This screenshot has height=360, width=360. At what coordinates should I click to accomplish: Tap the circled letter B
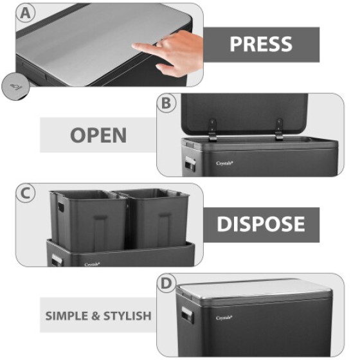click(x=168, y=104)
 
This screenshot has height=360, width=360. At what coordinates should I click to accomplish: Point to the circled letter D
click(x=168, y=283)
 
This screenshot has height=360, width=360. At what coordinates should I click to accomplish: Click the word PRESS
click(x=261, y=44)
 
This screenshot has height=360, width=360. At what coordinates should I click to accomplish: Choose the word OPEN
click(x=98, y=136)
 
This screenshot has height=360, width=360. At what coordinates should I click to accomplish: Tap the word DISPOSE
click(x=261, y=224)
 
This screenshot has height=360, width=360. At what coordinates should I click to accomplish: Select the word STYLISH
click(x=127, y=316)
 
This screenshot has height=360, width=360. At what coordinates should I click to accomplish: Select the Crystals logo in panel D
click(x=224, y=317)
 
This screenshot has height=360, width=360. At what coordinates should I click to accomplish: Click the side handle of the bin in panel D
click(x=187, y=316)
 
